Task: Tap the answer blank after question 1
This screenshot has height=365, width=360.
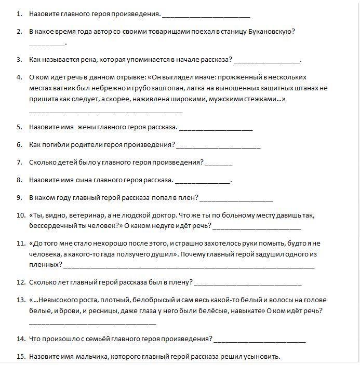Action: point(206,15)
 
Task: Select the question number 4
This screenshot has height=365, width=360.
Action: point(19,77)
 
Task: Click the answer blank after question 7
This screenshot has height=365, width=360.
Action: point(219,163)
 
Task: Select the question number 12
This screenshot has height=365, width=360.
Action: point(20,282)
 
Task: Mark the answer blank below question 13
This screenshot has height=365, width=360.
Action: point(92,323)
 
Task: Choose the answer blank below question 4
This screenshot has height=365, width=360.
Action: point(105,111)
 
